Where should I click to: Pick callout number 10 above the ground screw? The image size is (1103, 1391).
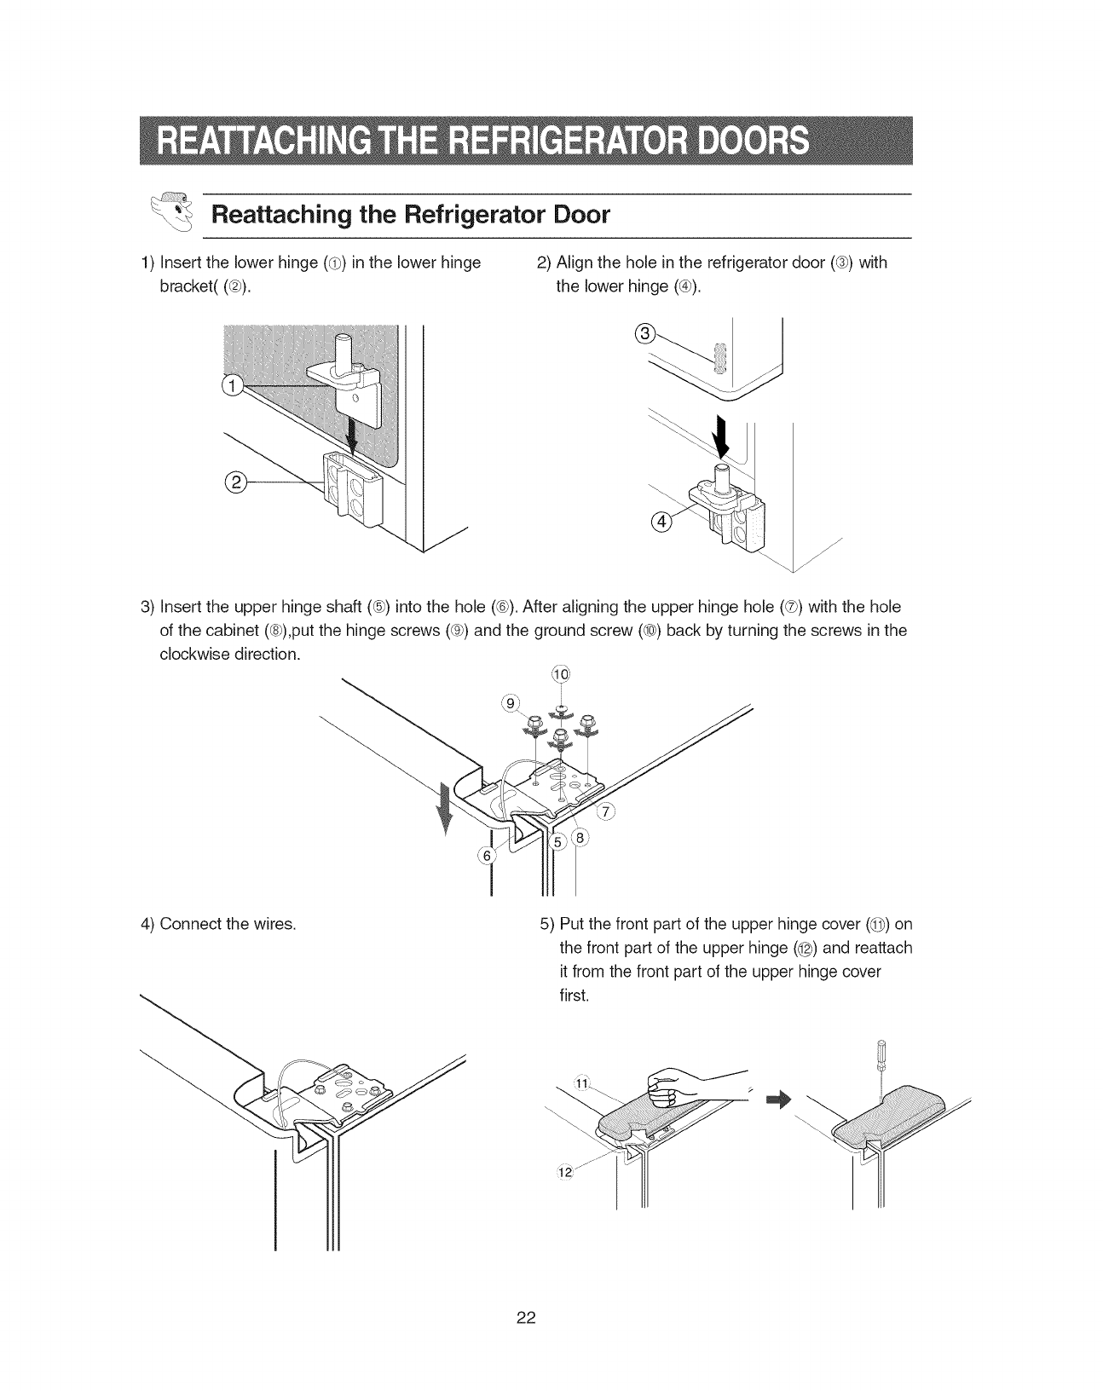(560, 673)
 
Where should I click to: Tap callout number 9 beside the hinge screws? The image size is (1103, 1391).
(510, 704)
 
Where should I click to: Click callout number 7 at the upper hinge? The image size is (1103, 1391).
(607, 811)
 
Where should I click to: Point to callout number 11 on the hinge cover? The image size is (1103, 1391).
(583, 1083)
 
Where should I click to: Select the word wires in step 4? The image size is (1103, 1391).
(275, 926)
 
